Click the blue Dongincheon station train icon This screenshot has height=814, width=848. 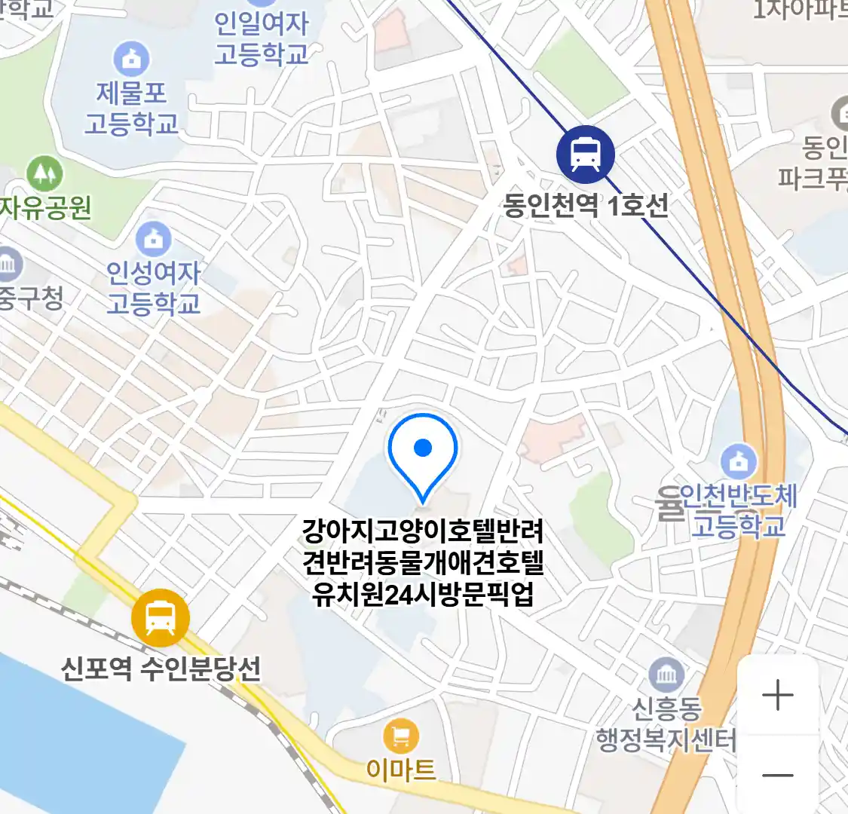[585, 154]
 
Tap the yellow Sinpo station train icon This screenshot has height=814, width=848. [161, 617]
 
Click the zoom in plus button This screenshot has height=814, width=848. [777, 695]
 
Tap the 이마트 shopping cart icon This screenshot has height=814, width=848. [401, 736]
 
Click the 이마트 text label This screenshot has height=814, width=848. [401, 770]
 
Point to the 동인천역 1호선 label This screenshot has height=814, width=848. [586, 205]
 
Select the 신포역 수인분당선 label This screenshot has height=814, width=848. [161, 668]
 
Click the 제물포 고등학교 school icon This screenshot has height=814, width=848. [131, 59]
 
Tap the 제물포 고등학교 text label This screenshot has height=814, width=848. [131, 108]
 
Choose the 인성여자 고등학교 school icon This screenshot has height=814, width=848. [154, 239]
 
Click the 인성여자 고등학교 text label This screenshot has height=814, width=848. [154, 288]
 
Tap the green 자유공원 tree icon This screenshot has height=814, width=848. [44, 173]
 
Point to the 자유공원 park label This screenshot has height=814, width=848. [45, 207]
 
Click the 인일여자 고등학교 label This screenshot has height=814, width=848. [262, 38]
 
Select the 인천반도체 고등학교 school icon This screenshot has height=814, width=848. [739, 461]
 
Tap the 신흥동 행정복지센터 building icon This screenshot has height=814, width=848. [666, 675]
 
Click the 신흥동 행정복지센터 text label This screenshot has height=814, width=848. [666, 724]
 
